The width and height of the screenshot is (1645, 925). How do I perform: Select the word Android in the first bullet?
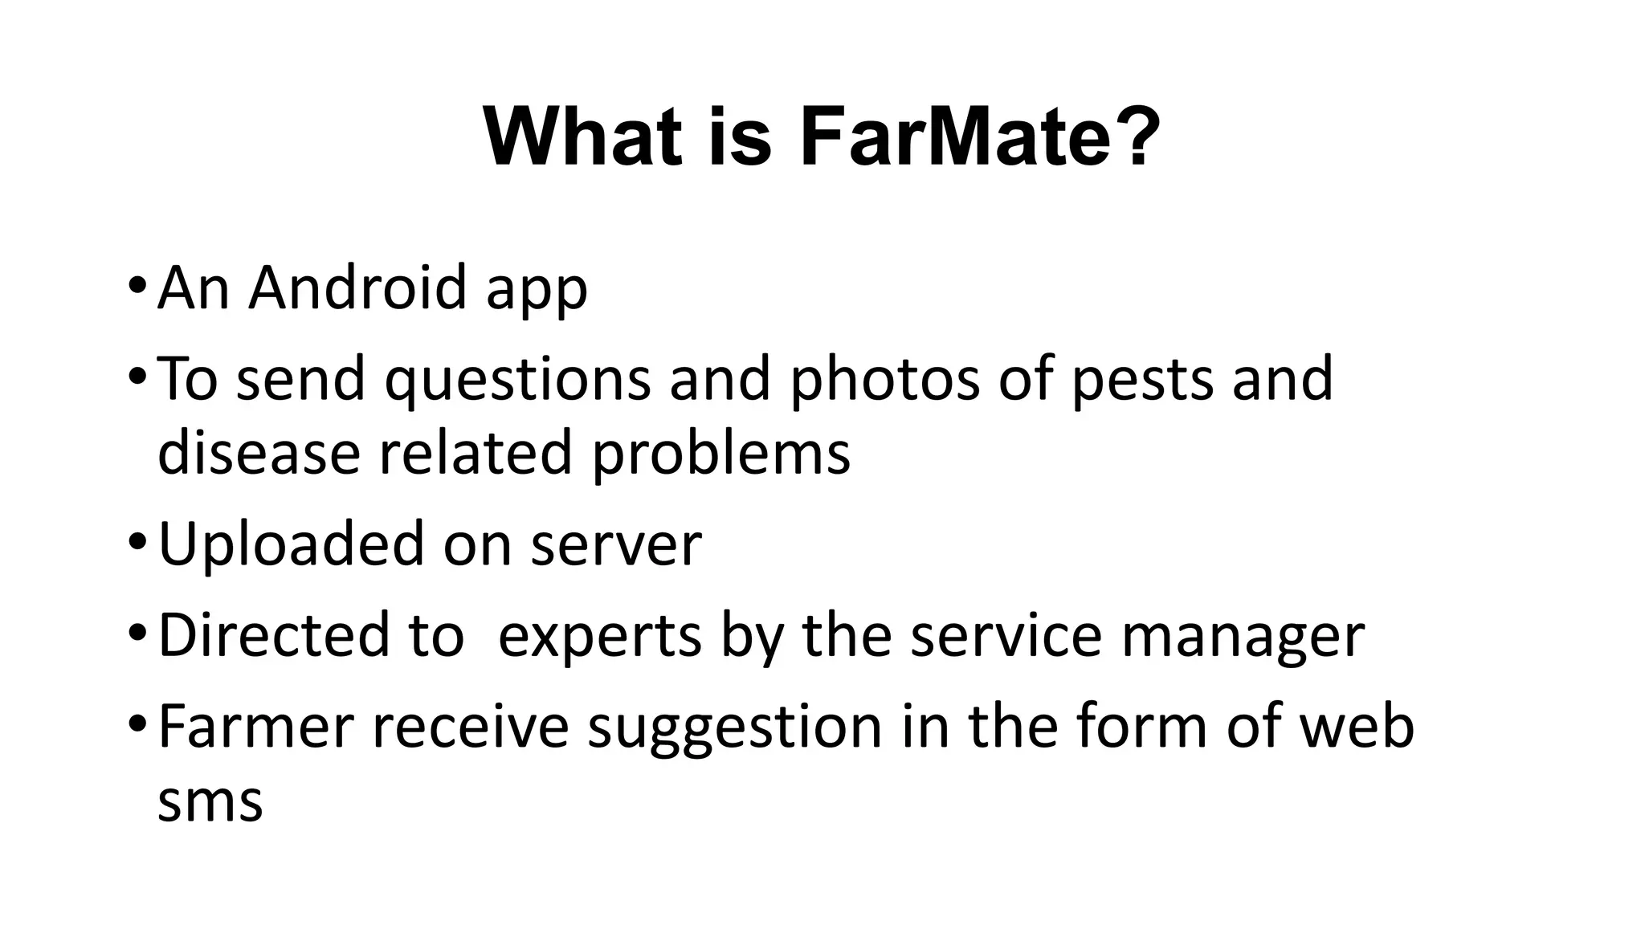(x=357, y=287)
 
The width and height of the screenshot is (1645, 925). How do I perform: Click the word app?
(x=537, y=291)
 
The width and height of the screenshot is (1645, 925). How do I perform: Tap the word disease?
(x=259, y=453)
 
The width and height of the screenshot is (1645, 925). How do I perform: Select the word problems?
(x=720, y=454)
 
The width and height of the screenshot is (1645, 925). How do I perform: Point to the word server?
(x=616, y=546)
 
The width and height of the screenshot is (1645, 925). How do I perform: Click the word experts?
(x=600, y=637)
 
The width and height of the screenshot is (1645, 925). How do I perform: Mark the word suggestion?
(x=734, y=729)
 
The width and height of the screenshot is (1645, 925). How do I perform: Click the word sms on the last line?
(x=210, y=801)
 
